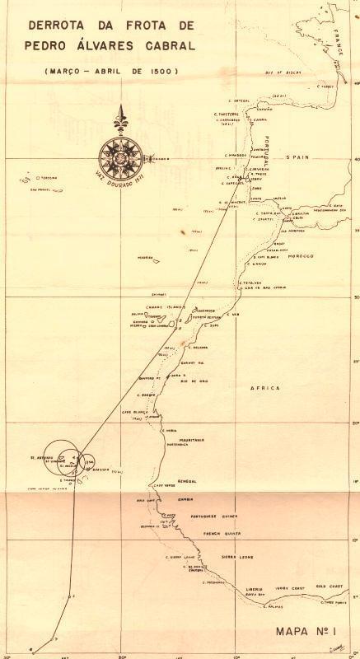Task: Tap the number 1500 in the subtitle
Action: (x=161, y=72)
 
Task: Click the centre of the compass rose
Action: (x=121, y=153)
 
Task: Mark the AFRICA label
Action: (x=268, y=387)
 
